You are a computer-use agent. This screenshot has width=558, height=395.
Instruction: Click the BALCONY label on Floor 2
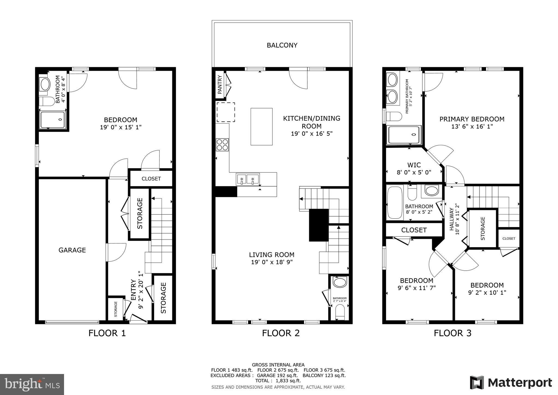pyautogui.click(x=282, y=45)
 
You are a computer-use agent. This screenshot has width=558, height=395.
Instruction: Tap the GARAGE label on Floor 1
pyautogui.click(x=72, y=250)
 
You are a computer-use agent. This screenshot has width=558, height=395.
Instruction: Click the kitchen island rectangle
pyautogui.click(x=261, y=127)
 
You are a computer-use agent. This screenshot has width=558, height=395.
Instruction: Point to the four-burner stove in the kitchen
pyautogui.click(x=222, y=145)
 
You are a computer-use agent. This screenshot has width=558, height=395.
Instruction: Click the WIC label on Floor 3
pyautogui.click(x=414, y=165)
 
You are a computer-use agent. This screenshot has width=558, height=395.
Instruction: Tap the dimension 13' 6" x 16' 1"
pyautogui.click(x=472, y=127)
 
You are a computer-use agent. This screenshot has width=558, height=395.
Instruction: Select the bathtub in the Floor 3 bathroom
pyautogui.click(x=395, y=202)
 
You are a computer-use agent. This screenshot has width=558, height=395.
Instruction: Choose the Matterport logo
pyautogui.click(x=511, y=383)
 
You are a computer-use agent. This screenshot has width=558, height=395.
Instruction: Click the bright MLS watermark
pyautogui.click(x=32, y=385)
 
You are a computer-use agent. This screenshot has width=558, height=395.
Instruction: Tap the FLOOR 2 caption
pyautogui.click(x=281, y=333)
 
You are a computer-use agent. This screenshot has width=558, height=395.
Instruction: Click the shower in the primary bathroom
pyautogui.click(x=404, y=135)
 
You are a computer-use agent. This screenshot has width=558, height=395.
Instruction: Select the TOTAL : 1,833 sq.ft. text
pyautogui.click(x=278, y=381)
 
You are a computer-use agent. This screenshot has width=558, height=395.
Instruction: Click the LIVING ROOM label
pyautogui.click(x=272, y=255)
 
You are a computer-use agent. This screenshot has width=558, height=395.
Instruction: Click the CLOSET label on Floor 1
pyautogui.click(x=151, y=179)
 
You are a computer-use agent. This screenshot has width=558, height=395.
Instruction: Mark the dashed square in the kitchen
pyautogui.click(x=226, y=112)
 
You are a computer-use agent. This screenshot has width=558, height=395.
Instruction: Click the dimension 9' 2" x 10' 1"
pyautogui.click(x=487, y=293)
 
